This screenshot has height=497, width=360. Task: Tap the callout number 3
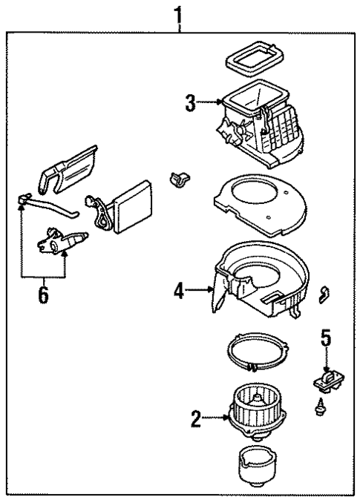coord(191,104)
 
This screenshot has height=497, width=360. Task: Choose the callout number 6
coord(42,294)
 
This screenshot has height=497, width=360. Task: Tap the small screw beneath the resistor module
coord(321,407)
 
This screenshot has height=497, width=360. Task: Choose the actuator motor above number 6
coord(63,240)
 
